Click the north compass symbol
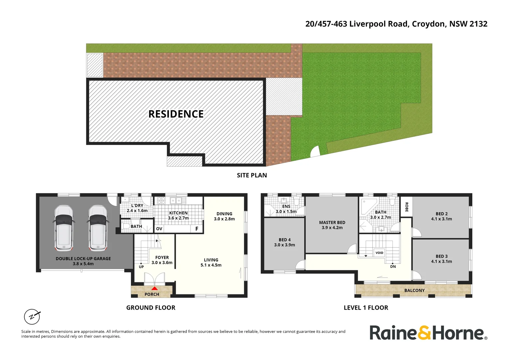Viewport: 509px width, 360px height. click(x=32, y=317)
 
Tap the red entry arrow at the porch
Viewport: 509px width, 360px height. click(x=155, y=288)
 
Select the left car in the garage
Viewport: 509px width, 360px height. click(x=64, y=228)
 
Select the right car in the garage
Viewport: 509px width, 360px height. click(x=98, y=228)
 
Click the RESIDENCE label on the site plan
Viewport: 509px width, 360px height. click(x=176, y=114)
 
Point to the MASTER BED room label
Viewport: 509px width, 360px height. click(x=332, y=222)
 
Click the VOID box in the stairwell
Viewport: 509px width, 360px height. click(x=379, y=253)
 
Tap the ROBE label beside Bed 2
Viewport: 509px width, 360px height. click(x=406, y=207)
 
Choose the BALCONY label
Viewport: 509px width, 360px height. click(x=414, y=290)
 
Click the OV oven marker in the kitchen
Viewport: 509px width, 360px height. click(x=159, y=229)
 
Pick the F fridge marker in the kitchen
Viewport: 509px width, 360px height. click(x=197, y=229)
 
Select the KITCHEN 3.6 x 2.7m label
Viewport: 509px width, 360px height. click(x=178, y=215)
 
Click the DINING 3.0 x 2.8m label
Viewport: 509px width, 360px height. click(x=224, y=216)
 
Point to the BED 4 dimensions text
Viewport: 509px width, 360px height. click(x=284, y=245)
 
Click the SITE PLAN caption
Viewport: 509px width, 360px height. click(x=252, y=175)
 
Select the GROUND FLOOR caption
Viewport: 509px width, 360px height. click(x=151, y=308)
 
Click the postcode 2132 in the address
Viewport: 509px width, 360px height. click(x=478, y=24)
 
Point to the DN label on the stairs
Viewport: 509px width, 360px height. click(x=393, y=267)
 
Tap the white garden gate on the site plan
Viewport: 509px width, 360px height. click(x=315, y=152)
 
